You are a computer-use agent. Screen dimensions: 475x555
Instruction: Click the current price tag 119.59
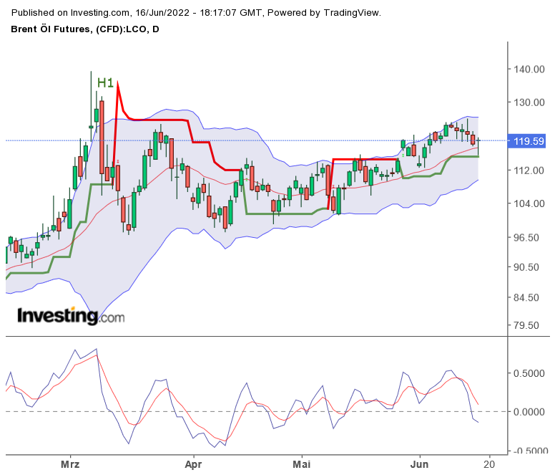[x=529, y=142]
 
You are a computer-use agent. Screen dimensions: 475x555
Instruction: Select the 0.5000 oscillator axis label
[x=529, y=373]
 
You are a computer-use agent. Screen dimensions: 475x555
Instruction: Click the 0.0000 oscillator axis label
[x=529, y=412]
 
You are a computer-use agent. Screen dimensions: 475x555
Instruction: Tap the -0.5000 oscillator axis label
[x=528, y=451]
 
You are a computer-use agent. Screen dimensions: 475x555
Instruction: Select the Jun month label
[x=419, y=464]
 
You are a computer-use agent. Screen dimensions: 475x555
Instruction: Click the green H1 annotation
[x=106, y=83]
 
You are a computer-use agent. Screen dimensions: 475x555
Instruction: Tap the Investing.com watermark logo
[x=70, y=316]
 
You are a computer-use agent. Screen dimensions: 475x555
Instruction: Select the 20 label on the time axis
[x=490, y=464]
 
